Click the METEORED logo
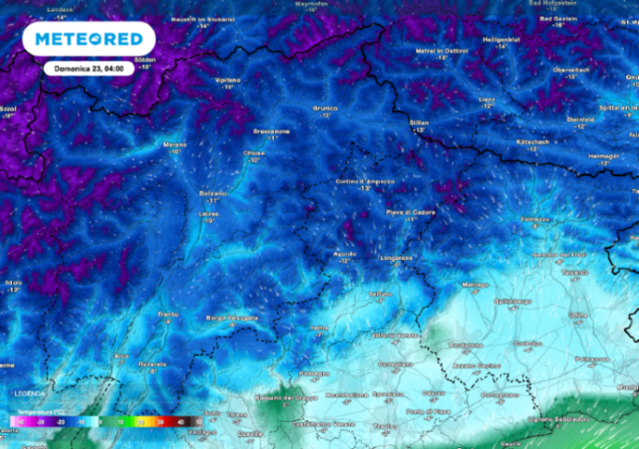coord(88,38)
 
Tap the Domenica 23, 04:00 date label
coord(89,68)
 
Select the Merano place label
coord(174,145)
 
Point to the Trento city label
coord(168,314)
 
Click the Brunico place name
coord(325,108)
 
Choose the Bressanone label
coord(271,131)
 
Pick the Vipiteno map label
coord(228,80)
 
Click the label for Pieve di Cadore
coord(411,212)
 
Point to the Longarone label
coord(396,258)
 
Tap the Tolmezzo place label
coord(535,219)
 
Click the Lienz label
coord(486,99)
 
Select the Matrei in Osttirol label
coord(442,51)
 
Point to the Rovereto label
coord(153,363)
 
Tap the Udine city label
coord(577,314)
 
